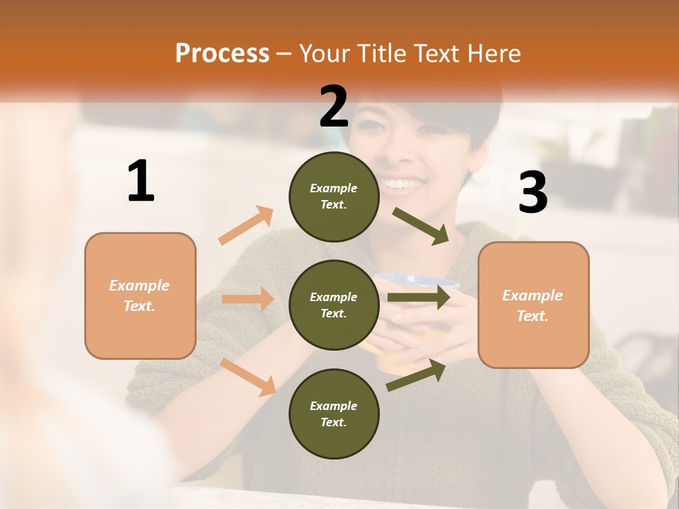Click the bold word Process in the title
pyautogui.click(x=222, y=53)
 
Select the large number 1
pyautogui.click(x=141, y=182)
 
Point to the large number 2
pyautogui.click(x=334, y=107)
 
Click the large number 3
pyautogui.click(x=533, y=192)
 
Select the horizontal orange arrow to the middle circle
pyautogui.click(x=248, y=299)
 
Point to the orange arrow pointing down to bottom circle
pyautogui.click(x=248, y=376)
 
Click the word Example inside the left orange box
pyautogui.click(x=139, y=286)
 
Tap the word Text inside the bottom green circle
pyautogui.click(x=332, y=422)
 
